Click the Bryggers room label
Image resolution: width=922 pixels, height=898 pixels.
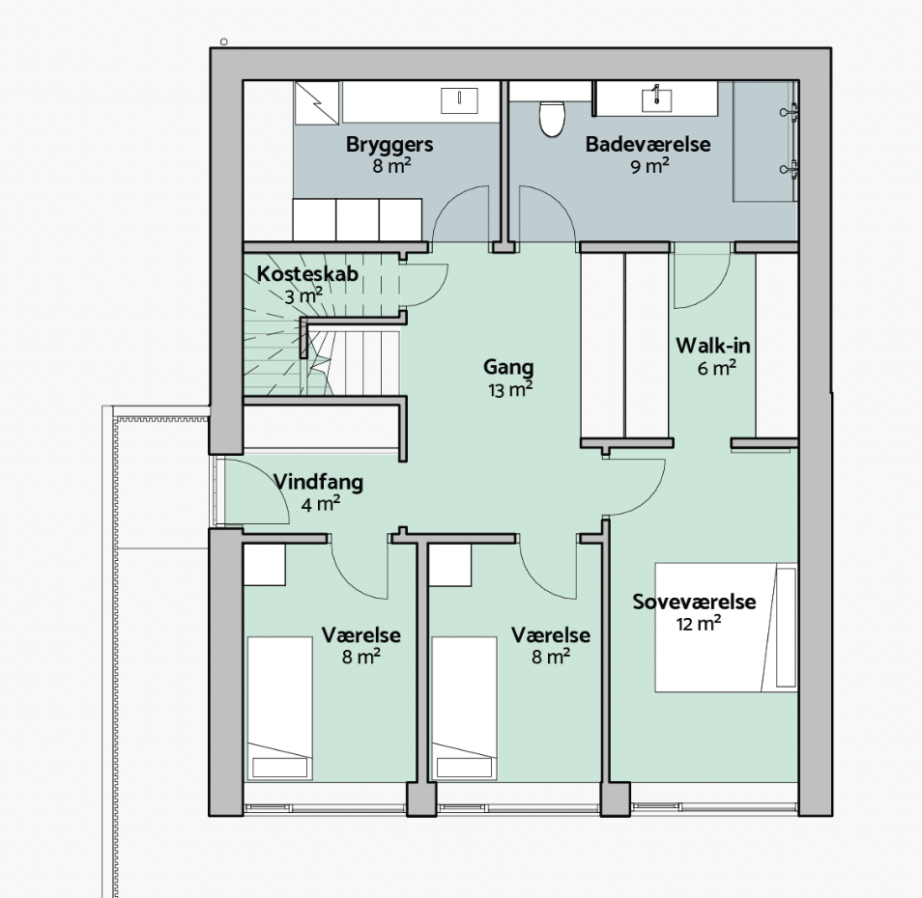[x=389, y=145]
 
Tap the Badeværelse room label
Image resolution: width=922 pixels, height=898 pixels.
[x=648, y=145]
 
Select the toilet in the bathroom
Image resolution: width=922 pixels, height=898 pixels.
[x=552, y=118]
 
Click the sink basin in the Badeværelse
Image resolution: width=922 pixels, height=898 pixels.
[x=656, y=98]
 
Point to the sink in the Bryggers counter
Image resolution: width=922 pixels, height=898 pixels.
[x=459, y=100]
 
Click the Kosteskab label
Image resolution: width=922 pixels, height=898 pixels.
[x=307, y=274]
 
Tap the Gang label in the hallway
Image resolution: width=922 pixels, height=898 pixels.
[x=508, y=367]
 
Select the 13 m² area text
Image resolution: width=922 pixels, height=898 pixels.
[x=510, y=389]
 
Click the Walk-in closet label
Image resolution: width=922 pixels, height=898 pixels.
[x=712, y=346]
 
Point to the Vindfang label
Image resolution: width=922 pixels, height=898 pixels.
[x=318, y=482]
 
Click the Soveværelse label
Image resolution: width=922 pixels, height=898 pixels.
[x=694, y=602]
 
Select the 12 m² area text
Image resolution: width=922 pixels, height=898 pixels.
[x=699, y=624]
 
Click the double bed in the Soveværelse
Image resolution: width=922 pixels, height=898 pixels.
[x=726, y=628]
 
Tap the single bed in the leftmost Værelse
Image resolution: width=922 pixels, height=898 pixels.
[x=279, y=709]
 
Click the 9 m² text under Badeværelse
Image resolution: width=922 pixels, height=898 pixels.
[x=649, y=166]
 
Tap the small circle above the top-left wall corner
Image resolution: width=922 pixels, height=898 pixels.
[x=224, y=42]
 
